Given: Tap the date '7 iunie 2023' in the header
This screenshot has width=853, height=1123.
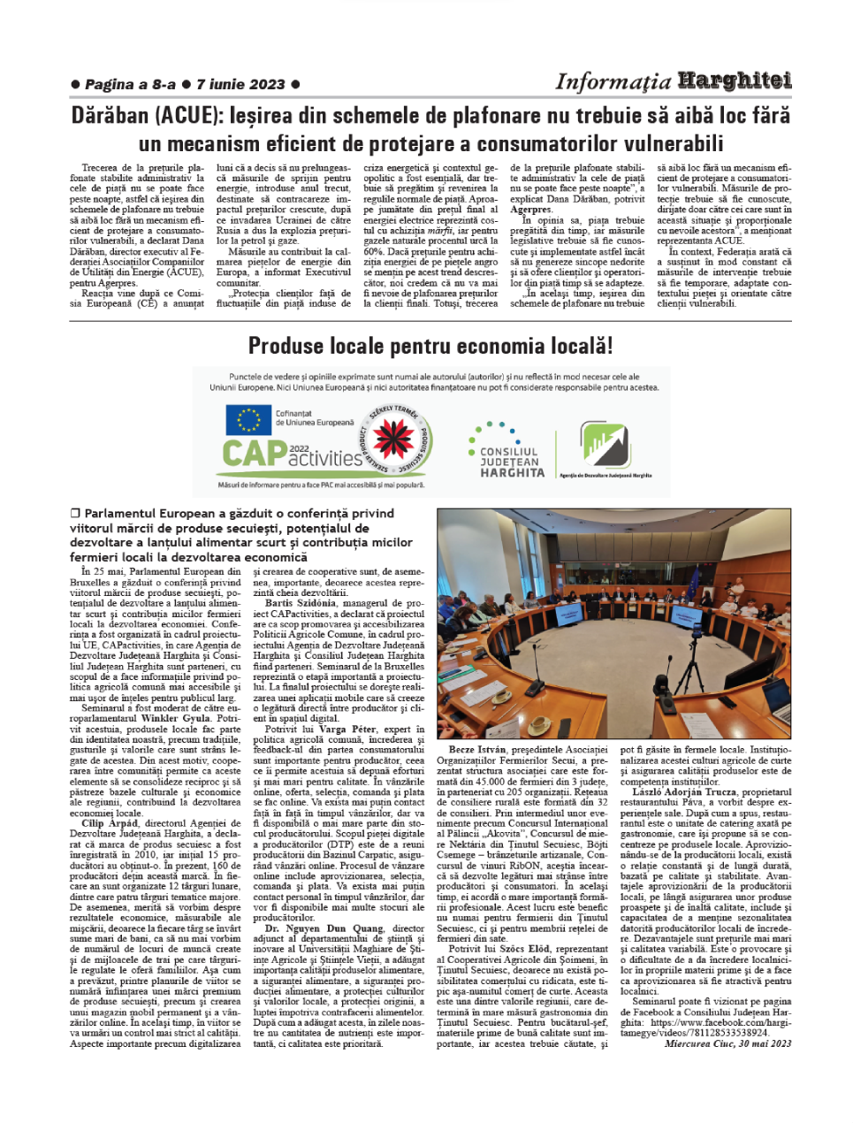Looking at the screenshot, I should tap(240, 85).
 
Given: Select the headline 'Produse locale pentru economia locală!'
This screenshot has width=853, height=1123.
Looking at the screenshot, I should tap(430, 346).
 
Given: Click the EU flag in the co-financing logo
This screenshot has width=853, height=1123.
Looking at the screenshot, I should tap(248, 420).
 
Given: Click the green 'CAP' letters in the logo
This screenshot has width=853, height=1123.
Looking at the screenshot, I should tap(254, 454).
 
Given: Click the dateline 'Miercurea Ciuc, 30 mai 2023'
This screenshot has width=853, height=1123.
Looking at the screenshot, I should tap(727, 1043).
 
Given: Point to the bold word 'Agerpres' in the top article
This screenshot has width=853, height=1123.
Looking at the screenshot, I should tap(531, 210).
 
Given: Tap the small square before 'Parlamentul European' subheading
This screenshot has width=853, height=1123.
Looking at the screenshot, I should tap(75, 513).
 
